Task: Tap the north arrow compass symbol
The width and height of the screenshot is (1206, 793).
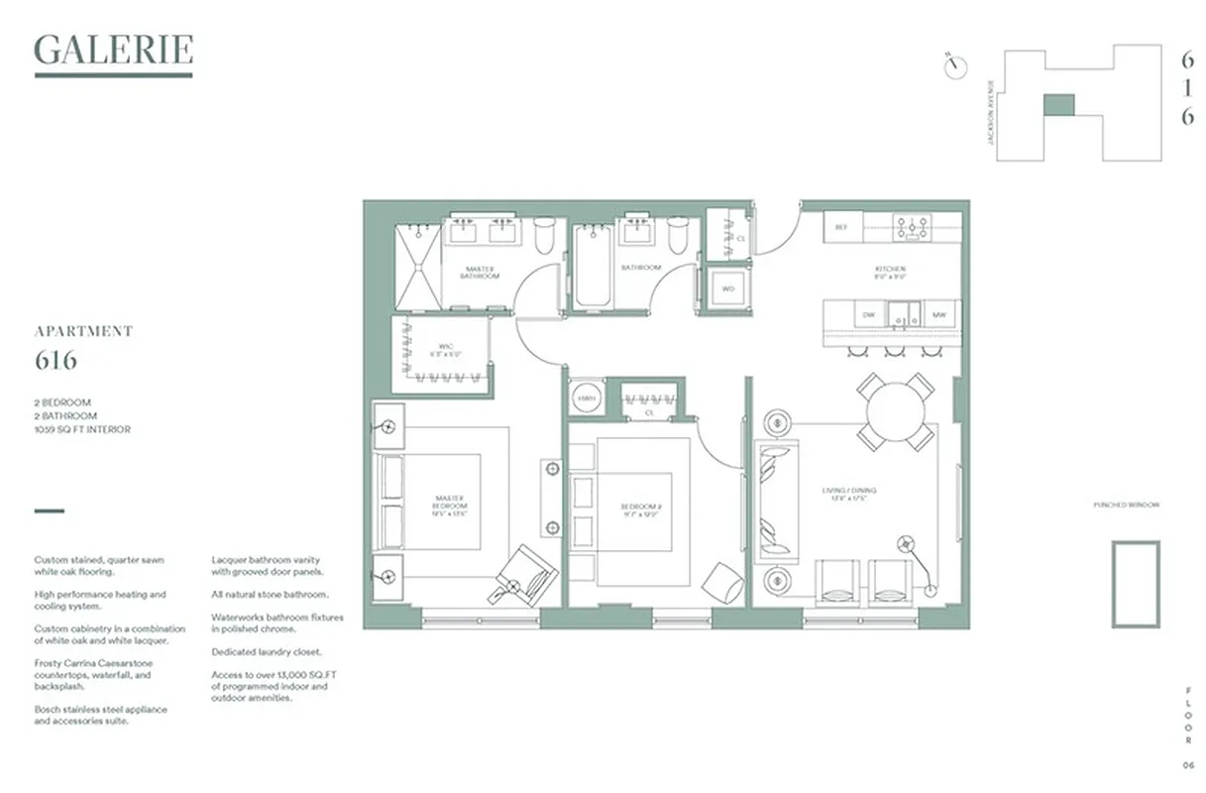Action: coord(955,63)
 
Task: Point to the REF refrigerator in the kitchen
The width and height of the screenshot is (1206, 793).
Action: coord(841,227)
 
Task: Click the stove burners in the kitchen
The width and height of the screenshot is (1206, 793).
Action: coord(912,227)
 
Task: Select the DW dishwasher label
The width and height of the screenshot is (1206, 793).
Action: coord(868,315)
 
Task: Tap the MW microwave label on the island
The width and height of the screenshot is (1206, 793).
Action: coord(937,315)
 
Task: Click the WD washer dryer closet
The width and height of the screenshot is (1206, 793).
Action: coord(728,289)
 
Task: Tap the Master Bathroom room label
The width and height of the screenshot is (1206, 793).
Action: coord(480,273)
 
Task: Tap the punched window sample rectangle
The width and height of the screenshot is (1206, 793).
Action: coord(1135,584)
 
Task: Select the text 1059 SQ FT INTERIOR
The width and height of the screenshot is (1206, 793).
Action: coord(82,429)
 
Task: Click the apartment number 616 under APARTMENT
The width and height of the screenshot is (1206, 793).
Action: coord(55,361)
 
